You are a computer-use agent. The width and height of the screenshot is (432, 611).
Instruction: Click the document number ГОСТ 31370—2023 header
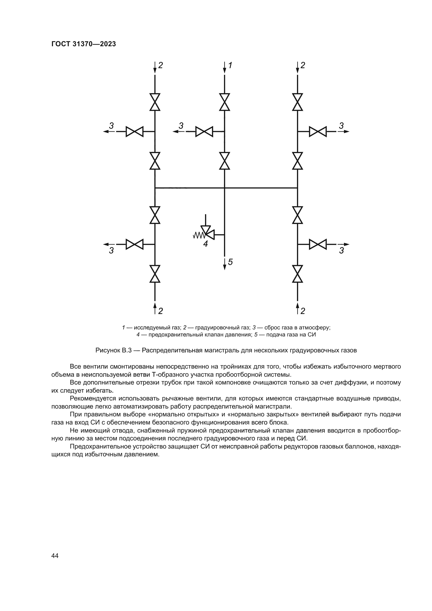pyautogui.click(x=84, y=44)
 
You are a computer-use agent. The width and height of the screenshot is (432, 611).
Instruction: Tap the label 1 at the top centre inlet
pyautogui.click(x=230, y=65)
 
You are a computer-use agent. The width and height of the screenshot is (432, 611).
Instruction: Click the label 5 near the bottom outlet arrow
pyautogui.click(x=230, y=262)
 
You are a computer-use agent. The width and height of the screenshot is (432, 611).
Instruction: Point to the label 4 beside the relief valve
pyautogui.click(x=205, y=244)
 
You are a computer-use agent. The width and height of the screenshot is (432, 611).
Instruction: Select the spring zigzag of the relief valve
pyautogui.click(x=198, y=235)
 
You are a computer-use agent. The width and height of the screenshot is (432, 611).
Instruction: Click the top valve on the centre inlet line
pyautogui.click(x=225, y=102)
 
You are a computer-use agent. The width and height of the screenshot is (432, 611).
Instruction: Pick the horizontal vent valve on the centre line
pyautogui.click(x=204, y=131)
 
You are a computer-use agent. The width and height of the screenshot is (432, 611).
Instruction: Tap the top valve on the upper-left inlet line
pyautogui.click(x=155, y=102)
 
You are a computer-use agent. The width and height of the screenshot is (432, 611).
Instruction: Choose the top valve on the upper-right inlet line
pyautogui.click(x=297, y=102)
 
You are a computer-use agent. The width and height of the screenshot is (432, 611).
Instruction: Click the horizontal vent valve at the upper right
pyautogui.click(x=318, y=131)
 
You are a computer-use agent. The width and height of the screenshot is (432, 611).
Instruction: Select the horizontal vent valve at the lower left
pyautogui.click(x=134, y=244)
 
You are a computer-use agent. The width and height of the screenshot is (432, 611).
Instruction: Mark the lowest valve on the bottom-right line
pyautogui.click(x=297, y=274)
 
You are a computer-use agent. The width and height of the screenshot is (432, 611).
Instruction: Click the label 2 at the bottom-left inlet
pyautogui.click(x=160, y=311)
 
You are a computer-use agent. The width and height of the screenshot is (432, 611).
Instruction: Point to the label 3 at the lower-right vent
pyautogui.click(x=341, y=251)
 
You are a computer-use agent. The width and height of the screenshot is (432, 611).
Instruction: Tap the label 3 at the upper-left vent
pyautogui.click(x=111, y=125)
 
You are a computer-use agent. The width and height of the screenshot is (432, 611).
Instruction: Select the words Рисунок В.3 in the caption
pyautogui.click(x=114, y=350)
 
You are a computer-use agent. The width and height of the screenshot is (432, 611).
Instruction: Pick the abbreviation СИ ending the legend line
pyautogui.click(x=312, y=335)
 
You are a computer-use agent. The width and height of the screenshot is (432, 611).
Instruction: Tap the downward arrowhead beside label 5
pyautogui.click(x=225, y=267)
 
